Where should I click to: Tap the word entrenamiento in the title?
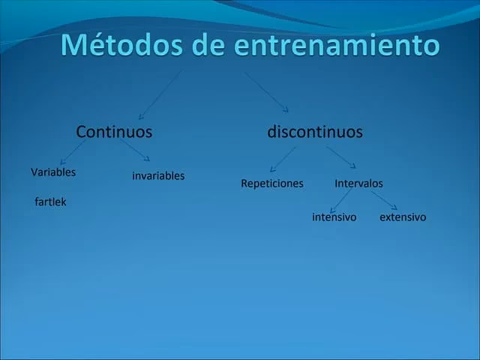337,45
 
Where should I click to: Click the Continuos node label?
114,132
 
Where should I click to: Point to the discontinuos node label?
315,132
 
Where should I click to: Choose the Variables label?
53,172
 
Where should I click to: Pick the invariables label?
158,175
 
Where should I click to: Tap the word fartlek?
50,202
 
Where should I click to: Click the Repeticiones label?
272,183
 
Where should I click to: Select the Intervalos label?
358,183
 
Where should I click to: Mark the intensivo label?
334,217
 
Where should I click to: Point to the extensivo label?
403,217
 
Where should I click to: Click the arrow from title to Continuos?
160,95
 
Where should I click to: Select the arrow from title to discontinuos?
267,91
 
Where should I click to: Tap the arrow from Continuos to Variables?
72,153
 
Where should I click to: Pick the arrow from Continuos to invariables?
135,151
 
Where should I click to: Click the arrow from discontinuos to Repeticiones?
282,159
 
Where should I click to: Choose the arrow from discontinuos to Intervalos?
341,157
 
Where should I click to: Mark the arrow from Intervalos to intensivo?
340,199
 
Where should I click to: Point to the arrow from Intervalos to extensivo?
384,199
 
